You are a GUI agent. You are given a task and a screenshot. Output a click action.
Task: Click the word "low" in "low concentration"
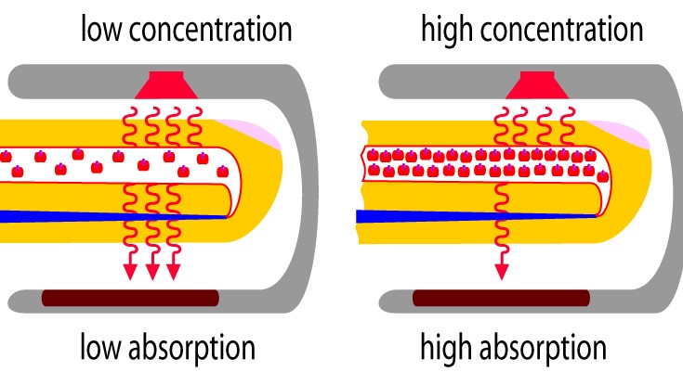(x=101, y=30)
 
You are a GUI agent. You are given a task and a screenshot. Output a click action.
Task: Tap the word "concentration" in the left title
(x=211, y=30)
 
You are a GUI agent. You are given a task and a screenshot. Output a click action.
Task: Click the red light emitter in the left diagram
(x=166, y=85)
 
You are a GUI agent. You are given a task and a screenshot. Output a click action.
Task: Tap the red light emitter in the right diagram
(x=537, y=85)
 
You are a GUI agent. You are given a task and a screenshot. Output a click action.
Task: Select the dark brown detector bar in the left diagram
(x=130, y=298)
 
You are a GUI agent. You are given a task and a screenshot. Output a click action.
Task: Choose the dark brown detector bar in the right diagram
(x=502, y=298)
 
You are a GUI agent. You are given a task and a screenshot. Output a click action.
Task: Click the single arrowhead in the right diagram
(x=502, y=272)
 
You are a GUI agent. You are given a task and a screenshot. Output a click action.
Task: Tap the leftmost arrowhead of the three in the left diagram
(x=130, y=272)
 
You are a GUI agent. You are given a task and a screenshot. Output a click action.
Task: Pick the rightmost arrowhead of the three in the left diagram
(x=174, y=272)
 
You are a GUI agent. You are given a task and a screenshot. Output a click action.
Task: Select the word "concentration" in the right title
(x=562, y=30)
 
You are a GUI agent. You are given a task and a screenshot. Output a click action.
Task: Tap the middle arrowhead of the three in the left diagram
(x=152, y=272)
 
